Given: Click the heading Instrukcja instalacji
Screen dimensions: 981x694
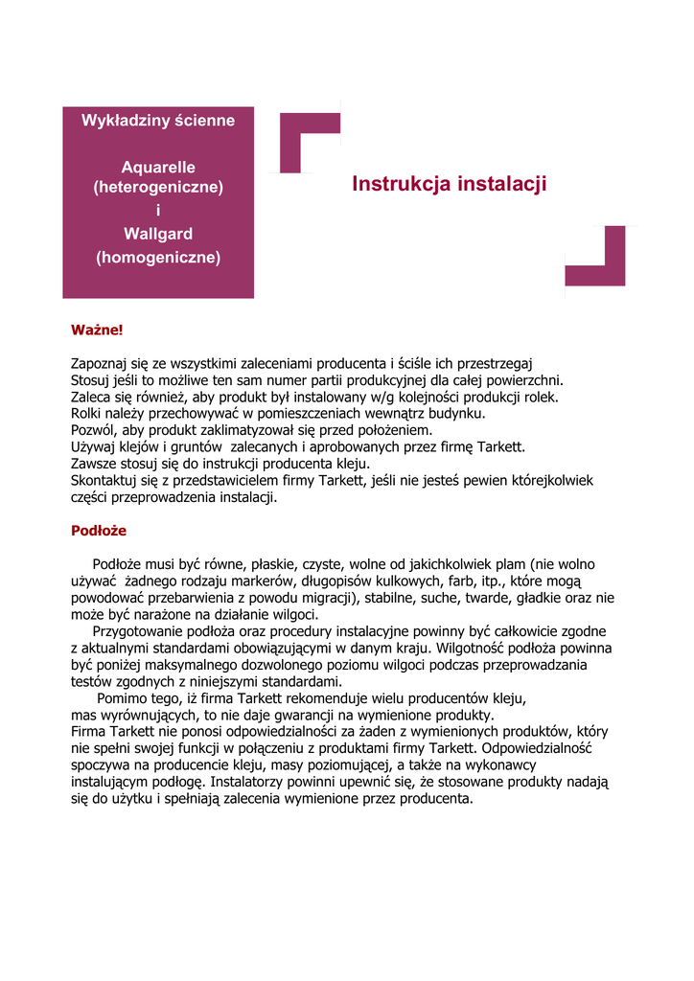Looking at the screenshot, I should (x=450, y=184).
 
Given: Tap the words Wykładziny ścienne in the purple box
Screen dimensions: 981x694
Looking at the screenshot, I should (x=158, y=121).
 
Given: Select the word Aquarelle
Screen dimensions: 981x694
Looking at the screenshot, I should (x=158, y=167).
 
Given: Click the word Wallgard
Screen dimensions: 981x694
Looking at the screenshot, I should (x=158, y=234).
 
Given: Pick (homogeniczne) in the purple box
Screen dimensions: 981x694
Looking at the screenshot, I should (x=158, y=257).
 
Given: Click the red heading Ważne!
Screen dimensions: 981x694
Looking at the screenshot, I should (x=97, y=330).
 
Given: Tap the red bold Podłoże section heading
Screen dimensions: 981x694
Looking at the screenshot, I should (x=99, y=530).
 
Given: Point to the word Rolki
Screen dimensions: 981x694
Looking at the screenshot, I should (x=87, y=413).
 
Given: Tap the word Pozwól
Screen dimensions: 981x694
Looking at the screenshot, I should (x=92, y=430).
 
